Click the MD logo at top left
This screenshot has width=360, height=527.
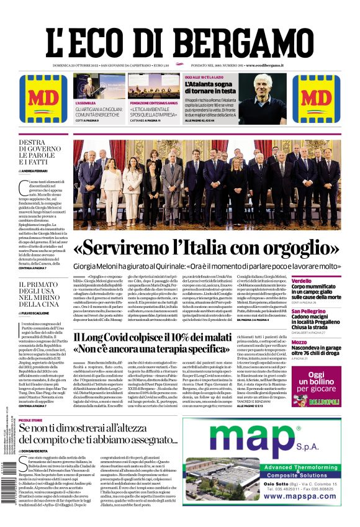[43, 99]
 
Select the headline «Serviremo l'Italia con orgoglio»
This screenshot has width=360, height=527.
[215, 248]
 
